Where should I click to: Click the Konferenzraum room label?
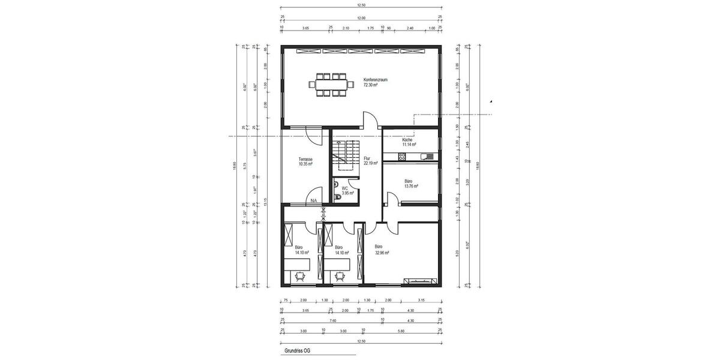tap(376, 82)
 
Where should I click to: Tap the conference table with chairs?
tap(331, 85)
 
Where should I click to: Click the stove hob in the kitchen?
tap(402, 157)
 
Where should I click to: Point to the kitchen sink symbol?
tap(427, 157)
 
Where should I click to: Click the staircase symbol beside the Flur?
tap(345, 155)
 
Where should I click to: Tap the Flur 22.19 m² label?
tap(370, 161)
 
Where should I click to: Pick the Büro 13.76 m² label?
tap(411, 183)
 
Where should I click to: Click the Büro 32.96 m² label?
tap(382, 250)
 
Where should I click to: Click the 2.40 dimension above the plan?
tap(410, 28)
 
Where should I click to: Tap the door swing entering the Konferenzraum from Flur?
tap(371, 121)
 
